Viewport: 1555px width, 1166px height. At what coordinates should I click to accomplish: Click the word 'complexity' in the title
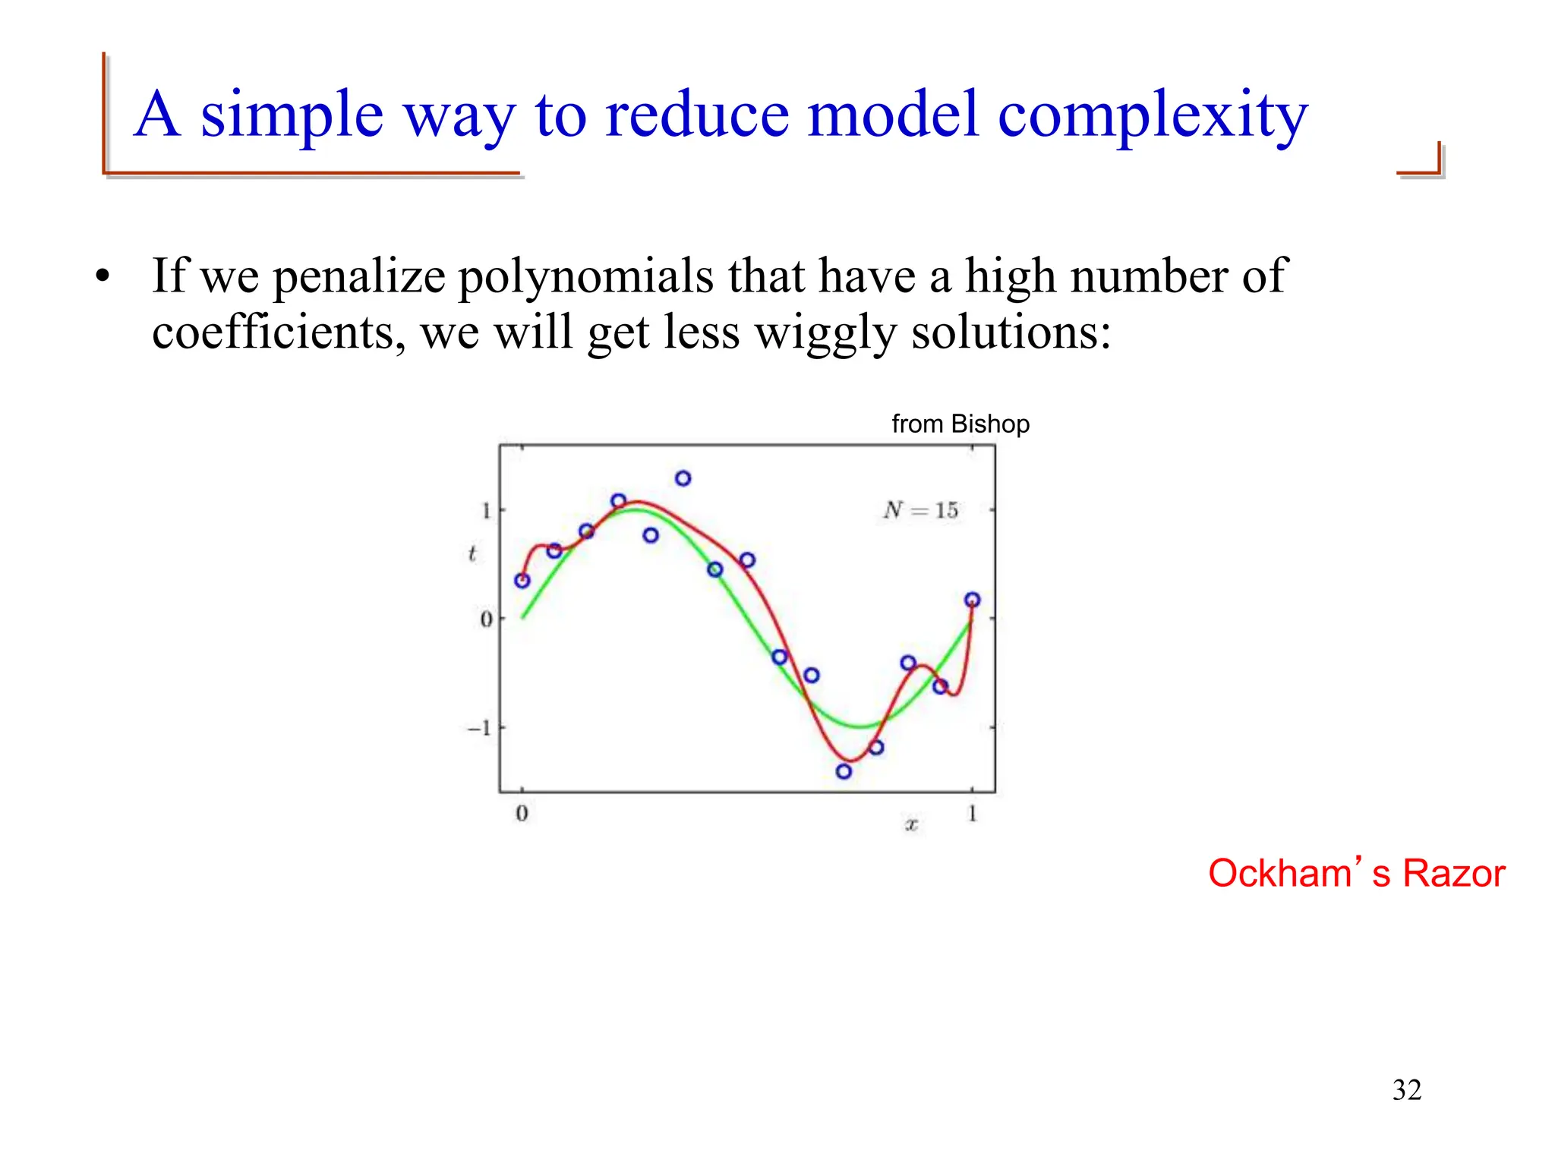coord(1152,116)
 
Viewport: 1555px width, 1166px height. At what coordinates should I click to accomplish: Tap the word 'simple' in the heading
coord(292,116)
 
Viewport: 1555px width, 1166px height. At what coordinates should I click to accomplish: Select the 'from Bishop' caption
coord(960,424)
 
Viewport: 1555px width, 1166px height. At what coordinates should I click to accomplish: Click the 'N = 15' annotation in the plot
coord(920,510)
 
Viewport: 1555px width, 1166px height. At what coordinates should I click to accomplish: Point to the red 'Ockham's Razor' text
coord(1356,873)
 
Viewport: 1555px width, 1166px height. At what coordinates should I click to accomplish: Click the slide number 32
coord(1406,1090)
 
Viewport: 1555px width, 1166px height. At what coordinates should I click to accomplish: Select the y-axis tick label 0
coord(486,619)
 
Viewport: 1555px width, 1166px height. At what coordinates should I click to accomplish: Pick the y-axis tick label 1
coord(486,510)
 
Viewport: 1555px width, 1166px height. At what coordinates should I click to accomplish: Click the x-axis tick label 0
coord(522,814)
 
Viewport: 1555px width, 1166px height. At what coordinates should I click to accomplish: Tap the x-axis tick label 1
coord(972,814)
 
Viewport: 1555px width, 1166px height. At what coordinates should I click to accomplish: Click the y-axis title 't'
coord(472,554)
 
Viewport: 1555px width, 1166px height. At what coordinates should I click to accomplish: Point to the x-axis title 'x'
coord(911,824)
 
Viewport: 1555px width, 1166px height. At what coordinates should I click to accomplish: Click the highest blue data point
coord(683,478)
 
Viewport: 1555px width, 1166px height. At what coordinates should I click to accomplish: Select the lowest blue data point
coord(844,771)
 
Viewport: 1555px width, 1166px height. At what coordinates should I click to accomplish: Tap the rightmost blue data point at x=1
coord(972,600)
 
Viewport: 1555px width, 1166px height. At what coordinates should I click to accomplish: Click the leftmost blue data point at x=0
coord(522,581)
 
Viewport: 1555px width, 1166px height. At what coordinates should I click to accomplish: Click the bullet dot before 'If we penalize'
coord(103,277)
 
